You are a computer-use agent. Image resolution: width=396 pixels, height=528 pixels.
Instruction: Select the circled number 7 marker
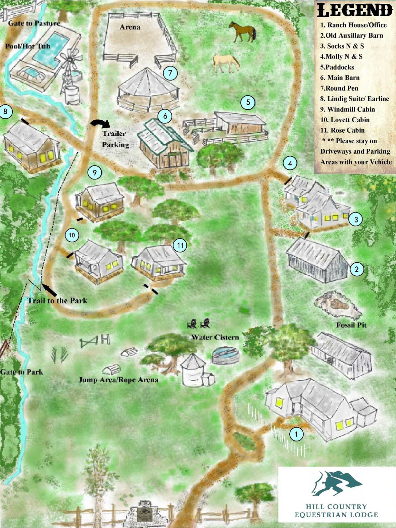pos(170,73)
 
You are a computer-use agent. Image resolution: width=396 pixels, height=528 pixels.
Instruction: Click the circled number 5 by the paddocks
pos(248,102)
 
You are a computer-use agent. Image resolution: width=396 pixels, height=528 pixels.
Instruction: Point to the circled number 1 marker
pos(296,434)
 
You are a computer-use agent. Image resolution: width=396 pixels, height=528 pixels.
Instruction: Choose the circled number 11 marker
pos(180,246)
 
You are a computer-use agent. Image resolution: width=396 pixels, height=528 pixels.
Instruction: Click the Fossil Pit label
pos(351,325)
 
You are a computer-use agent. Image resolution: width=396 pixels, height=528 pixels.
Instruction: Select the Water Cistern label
pos(215,337)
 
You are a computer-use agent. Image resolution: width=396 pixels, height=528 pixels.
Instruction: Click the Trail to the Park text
pos(57,300)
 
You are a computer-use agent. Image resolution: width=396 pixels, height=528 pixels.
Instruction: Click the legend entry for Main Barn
pos(340,78)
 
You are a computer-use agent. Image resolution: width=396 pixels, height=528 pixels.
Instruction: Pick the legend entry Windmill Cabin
pos(348,109)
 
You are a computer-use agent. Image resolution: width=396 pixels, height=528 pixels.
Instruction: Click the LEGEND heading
pos(355,10)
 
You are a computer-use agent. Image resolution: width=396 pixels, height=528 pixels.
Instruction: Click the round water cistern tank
pos(226,355)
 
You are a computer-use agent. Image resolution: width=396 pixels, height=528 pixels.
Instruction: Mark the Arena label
pos(130,27)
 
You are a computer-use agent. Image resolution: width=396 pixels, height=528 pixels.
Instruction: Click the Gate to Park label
pos(22,372)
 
